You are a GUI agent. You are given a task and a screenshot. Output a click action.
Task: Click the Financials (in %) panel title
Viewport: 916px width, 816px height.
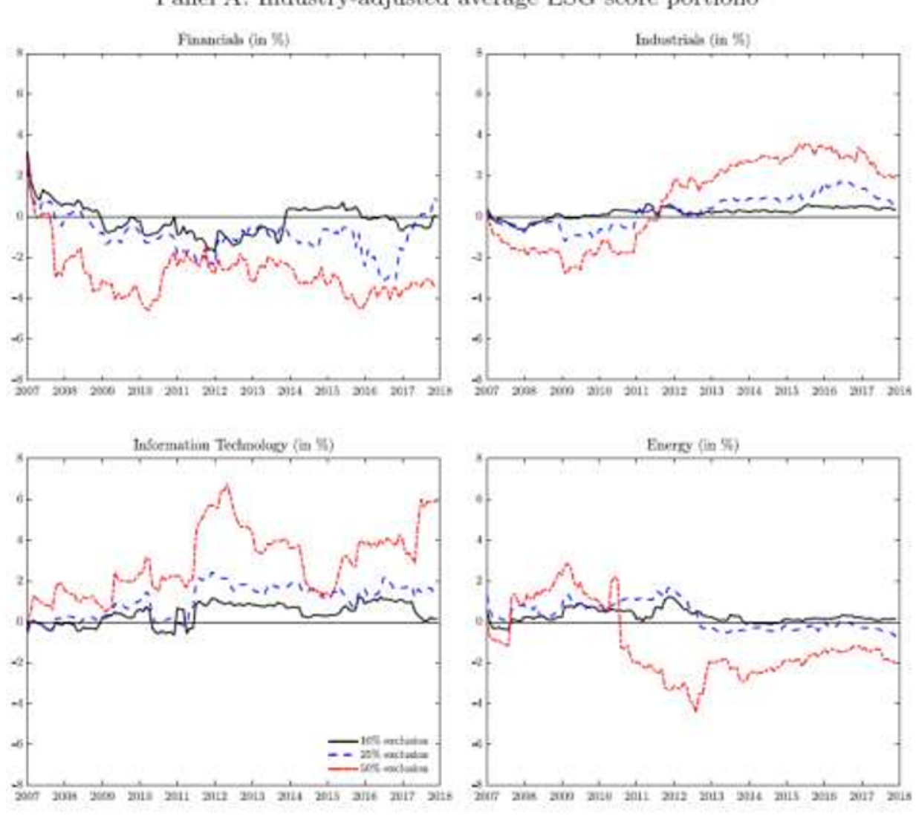tap(233, 40)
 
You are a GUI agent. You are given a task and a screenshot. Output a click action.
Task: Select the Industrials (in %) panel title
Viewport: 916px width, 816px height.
tap(692, 40)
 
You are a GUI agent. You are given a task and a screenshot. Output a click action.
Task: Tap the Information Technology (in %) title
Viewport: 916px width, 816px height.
tap(233, 445)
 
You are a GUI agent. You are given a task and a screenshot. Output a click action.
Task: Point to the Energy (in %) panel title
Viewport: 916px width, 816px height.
tap(692, 445)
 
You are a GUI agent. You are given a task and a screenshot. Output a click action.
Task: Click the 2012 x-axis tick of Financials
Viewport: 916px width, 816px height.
tap(215, 391)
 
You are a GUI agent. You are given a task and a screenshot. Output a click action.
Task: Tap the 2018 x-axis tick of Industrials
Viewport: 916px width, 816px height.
tap(900, 391)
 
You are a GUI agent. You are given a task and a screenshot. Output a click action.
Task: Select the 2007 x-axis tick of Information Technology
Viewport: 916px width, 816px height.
tap(27, 796)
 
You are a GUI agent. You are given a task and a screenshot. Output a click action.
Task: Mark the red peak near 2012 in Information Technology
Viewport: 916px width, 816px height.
tap(227, 485)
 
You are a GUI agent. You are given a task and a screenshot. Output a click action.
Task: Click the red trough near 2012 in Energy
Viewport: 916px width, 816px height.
tap(696, 710)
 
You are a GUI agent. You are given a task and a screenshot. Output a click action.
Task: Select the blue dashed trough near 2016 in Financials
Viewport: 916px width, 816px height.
tap(385, 281)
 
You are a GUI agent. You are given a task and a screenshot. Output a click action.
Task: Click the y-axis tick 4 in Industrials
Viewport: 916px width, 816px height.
tap(479, 135)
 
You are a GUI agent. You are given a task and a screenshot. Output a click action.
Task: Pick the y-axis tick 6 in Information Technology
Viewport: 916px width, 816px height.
tap(20, 499)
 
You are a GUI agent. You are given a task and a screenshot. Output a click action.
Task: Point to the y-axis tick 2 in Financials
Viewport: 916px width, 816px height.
tap(20, 175)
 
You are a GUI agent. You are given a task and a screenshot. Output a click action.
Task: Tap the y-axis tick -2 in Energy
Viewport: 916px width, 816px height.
tap(479, 662)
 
